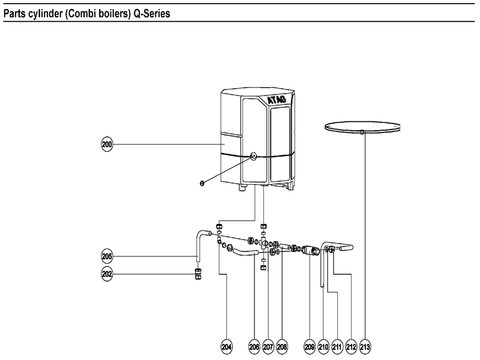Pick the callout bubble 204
(227, 347)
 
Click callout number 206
(255, 347)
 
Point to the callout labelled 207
(268, 347)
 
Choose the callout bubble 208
(283, 347)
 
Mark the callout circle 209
(310, 347)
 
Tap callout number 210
(323, 347)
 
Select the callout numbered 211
(337, 347)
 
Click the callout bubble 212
(352, 347)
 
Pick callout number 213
(365, 347)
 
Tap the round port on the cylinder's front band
(254, 155)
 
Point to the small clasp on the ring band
(363, 131)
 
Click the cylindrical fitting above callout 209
(310, 249)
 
